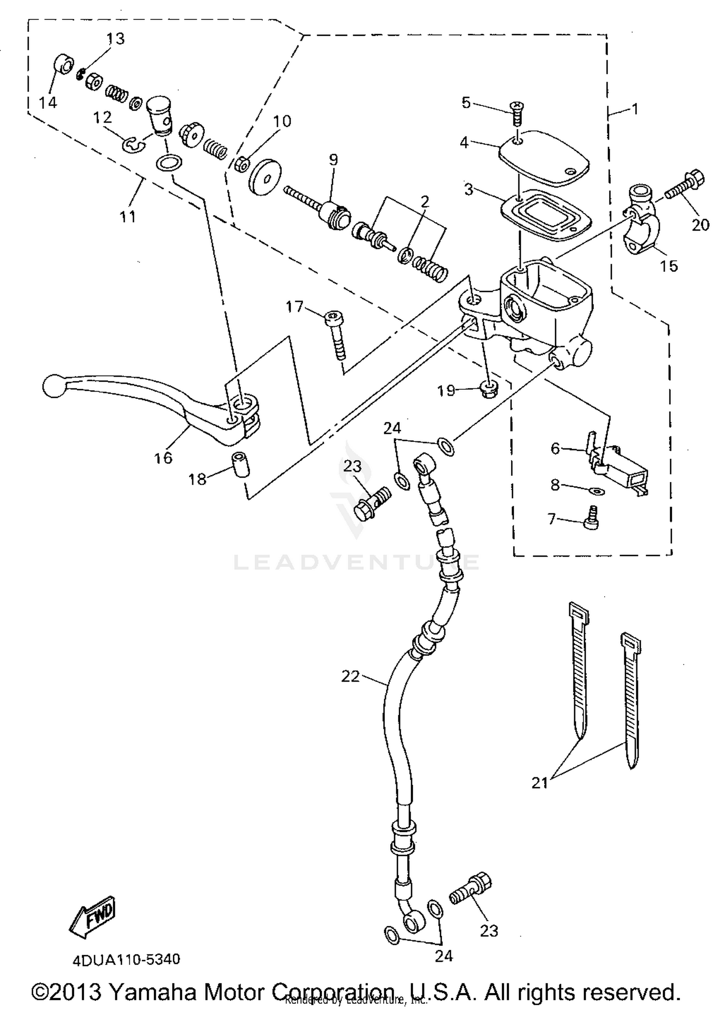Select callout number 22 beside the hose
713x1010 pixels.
[351, 676]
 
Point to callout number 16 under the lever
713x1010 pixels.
[163, 458]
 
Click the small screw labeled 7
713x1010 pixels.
[591, 519]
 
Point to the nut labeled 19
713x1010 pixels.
[489, 390]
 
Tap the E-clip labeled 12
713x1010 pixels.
[132, 144]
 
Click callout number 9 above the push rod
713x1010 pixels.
[334, 160]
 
